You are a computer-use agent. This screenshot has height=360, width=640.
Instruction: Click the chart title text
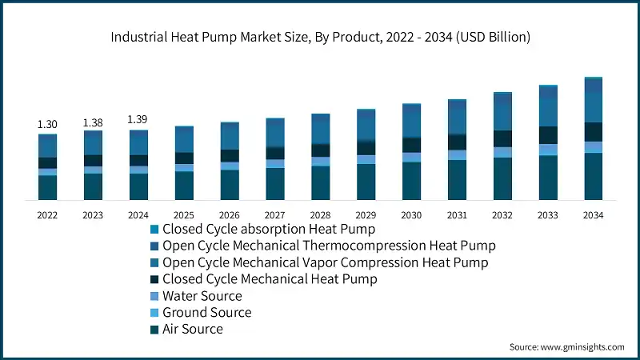[320, 37]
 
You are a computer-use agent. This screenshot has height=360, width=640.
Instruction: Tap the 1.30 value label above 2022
[47, 124]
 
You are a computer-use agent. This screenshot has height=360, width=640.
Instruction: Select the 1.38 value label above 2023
[93, 122]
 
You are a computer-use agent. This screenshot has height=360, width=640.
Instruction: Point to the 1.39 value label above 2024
[138, 119]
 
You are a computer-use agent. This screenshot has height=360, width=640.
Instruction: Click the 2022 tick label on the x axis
[47, 215]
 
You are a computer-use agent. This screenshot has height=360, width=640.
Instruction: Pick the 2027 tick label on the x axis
[275, 215]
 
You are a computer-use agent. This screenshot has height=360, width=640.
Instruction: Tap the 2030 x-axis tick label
[411, 215]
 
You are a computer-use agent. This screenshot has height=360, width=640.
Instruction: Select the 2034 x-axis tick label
[593, 215]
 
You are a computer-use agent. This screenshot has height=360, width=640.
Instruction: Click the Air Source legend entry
[192, 329]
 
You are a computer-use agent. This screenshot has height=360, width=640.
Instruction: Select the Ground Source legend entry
[206, 312]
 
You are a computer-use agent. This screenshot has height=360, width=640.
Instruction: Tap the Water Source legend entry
[202, 296]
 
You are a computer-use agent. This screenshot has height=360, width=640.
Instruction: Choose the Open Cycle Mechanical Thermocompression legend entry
[328, 246]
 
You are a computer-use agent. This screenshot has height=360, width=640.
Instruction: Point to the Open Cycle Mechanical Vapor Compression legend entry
[325, 262]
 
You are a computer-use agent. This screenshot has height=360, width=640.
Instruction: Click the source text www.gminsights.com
[566, 346]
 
